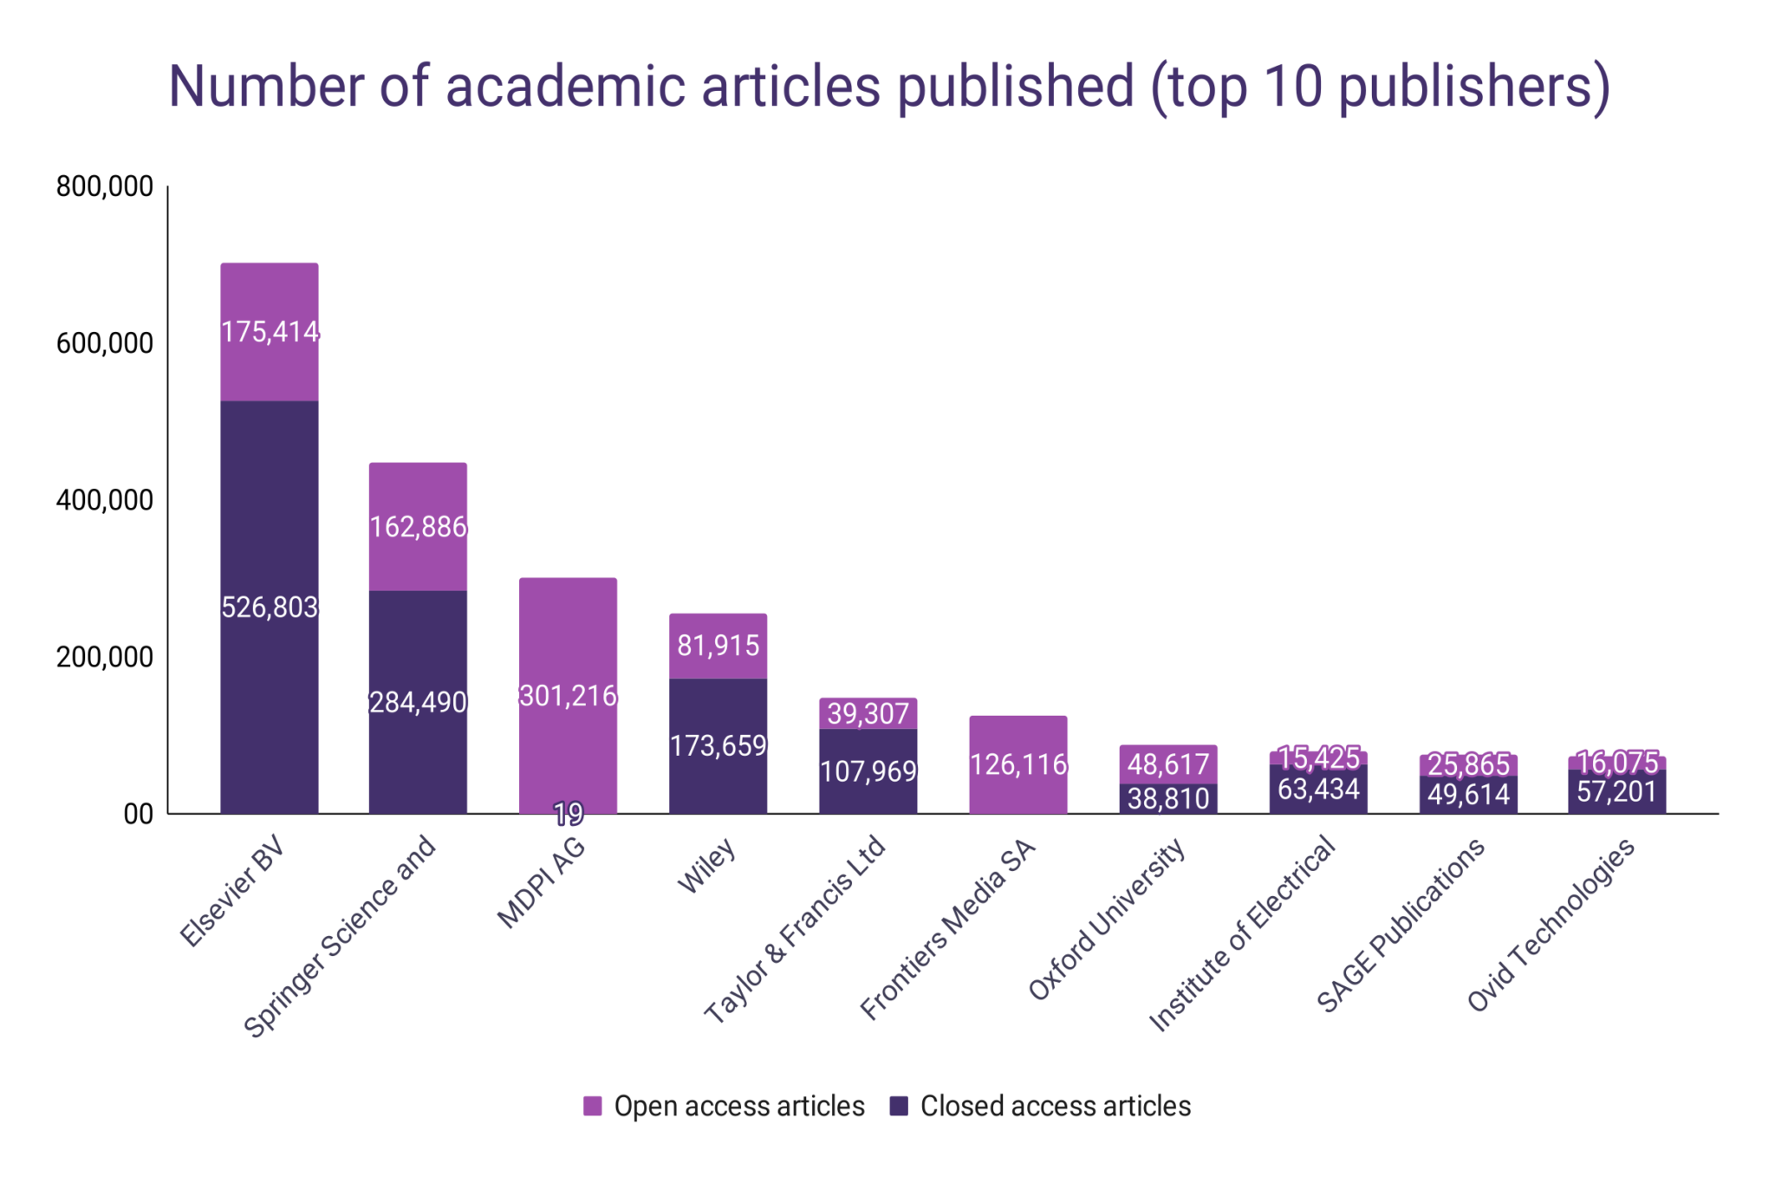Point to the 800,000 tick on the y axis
coord(105,186)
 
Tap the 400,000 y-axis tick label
coord(105,500)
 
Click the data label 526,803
coord(270,608)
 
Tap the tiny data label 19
coord(569,814)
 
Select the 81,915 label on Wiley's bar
coord(718,646)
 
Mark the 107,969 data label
coord(868,771)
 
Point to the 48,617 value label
coord(1167,764)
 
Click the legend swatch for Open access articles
coord(593,1107)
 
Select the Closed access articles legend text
coord(1055,1107)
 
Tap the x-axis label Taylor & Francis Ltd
coord(796,929)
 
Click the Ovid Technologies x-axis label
coord(1551,925)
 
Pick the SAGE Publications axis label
coord(1401,925)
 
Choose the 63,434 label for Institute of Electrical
coord(1318,790)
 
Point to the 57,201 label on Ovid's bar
coord(1616,792)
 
